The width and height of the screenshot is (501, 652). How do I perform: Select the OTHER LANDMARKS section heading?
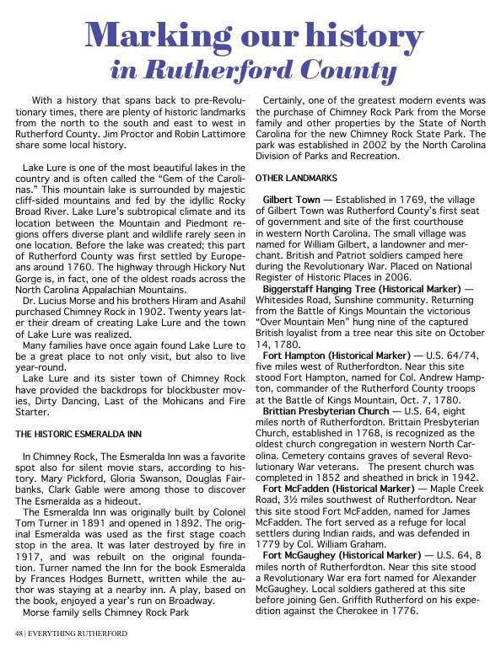pyautogui.click(x=296, y=178)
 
